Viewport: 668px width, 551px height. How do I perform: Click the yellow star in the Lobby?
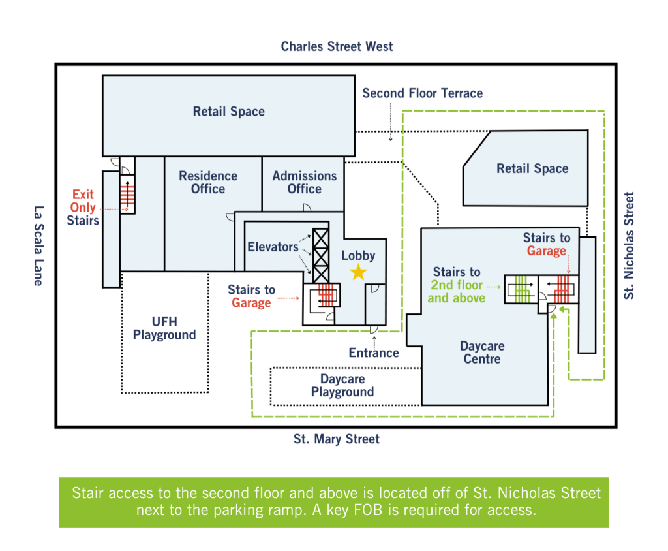(359, 272)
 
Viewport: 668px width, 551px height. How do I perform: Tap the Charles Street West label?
(337, 46)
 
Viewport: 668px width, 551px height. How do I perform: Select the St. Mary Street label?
(336, 439)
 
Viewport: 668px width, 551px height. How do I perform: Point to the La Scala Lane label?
(38, 245)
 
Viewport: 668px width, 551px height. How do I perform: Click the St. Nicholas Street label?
(629, 245)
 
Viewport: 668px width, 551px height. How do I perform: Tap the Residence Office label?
(208, 182)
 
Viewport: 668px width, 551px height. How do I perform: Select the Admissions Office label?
(304, 182)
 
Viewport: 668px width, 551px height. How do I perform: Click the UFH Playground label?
(164, 328)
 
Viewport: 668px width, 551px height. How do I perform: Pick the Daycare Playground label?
(342, 385)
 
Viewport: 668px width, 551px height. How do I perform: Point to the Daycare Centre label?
(482, 353)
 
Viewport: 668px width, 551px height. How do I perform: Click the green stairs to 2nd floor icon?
(521, 289)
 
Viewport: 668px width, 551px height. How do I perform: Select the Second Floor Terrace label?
(422, 93)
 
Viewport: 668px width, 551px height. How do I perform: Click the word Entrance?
(374, 353)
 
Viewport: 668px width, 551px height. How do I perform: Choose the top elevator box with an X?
(321, 238)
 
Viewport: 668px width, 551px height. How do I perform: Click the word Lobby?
(358, 255)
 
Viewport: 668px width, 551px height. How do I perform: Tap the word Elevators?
(273, 247)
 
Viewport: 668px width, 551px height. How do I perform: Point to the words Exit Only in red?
(83, 201)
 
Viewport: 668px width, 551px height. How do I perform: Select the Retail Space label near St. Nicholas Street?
(532, 168)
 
